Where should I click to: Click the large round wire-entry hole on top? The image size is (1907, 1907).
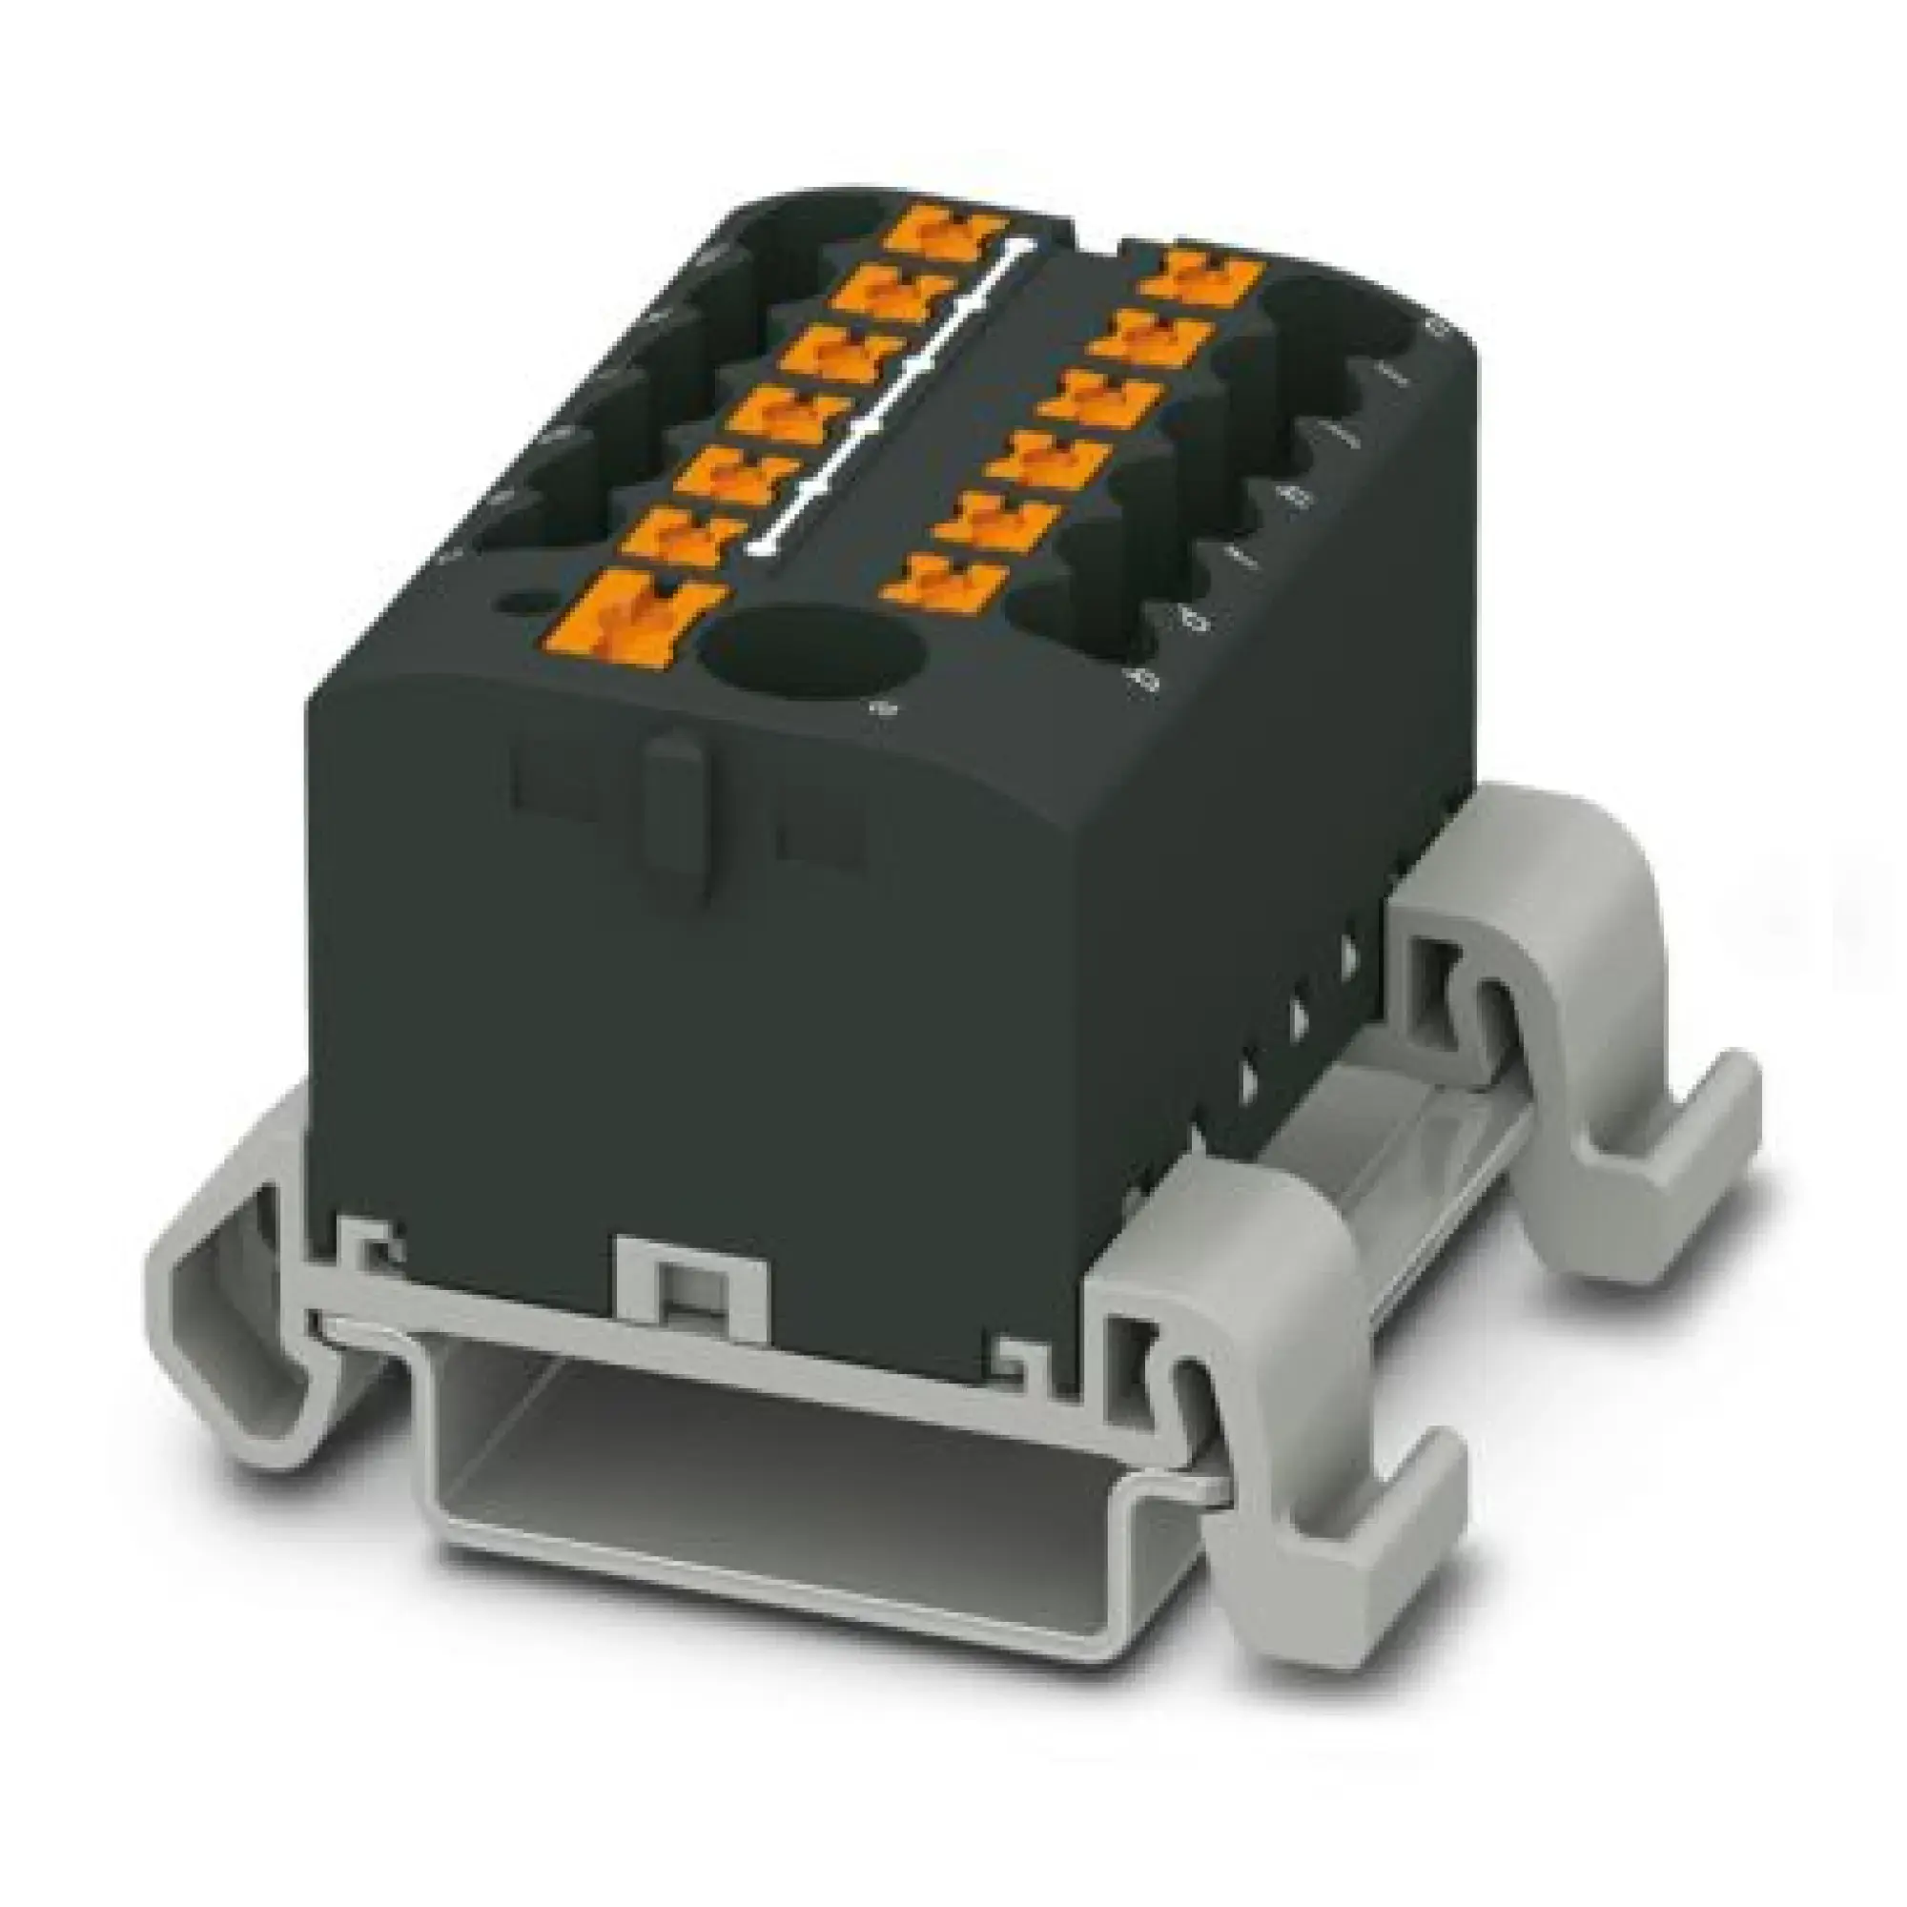tap(811, 653)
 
